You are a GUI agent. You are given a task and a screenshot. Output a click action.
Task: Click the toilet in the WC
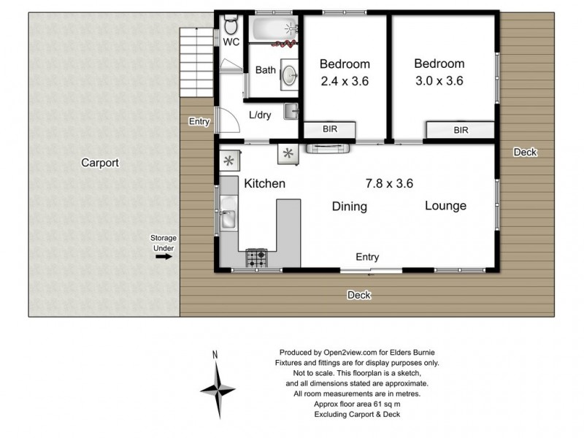231,27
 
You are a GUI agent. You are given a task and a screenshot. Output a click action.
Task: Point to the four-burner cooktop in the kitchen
257,258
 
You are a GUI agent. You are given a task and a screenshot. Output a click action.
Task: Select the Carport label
99,163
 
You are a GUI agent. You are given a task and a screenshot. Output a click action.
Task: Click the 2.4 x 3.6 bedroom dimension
345,81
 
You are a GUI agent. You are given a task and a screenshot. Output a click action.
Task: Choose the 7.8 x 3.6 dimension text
394,182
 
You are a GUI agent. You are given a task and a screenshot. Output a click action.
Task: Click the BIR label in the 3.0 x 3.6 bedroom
461,131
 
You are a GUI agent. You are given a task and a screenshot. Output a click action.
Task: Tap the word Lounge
445,206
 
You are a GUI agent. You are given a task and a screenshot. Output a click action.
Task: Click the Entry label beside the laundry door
198,121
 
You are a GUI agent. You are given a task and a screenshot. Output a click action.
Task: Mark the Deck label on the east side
524,152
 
